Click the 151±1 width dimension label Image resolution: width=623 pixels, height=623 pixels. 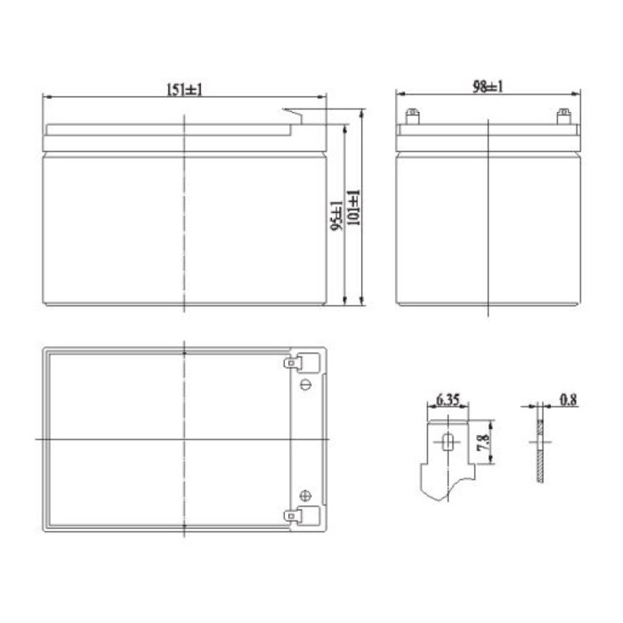point(185,89)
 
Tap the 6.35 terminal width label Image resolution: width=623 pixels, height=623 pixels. point(447,401)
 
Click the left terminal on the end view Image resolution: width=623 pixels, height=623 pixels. point(411,116)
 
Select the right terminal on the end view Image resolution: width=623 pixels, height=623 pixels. point(562,116)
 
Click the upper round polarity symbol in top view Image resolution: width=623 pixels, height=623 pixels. point(306,384)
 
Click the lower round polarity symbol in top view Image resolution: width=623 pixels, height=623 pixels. point(306,496)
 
